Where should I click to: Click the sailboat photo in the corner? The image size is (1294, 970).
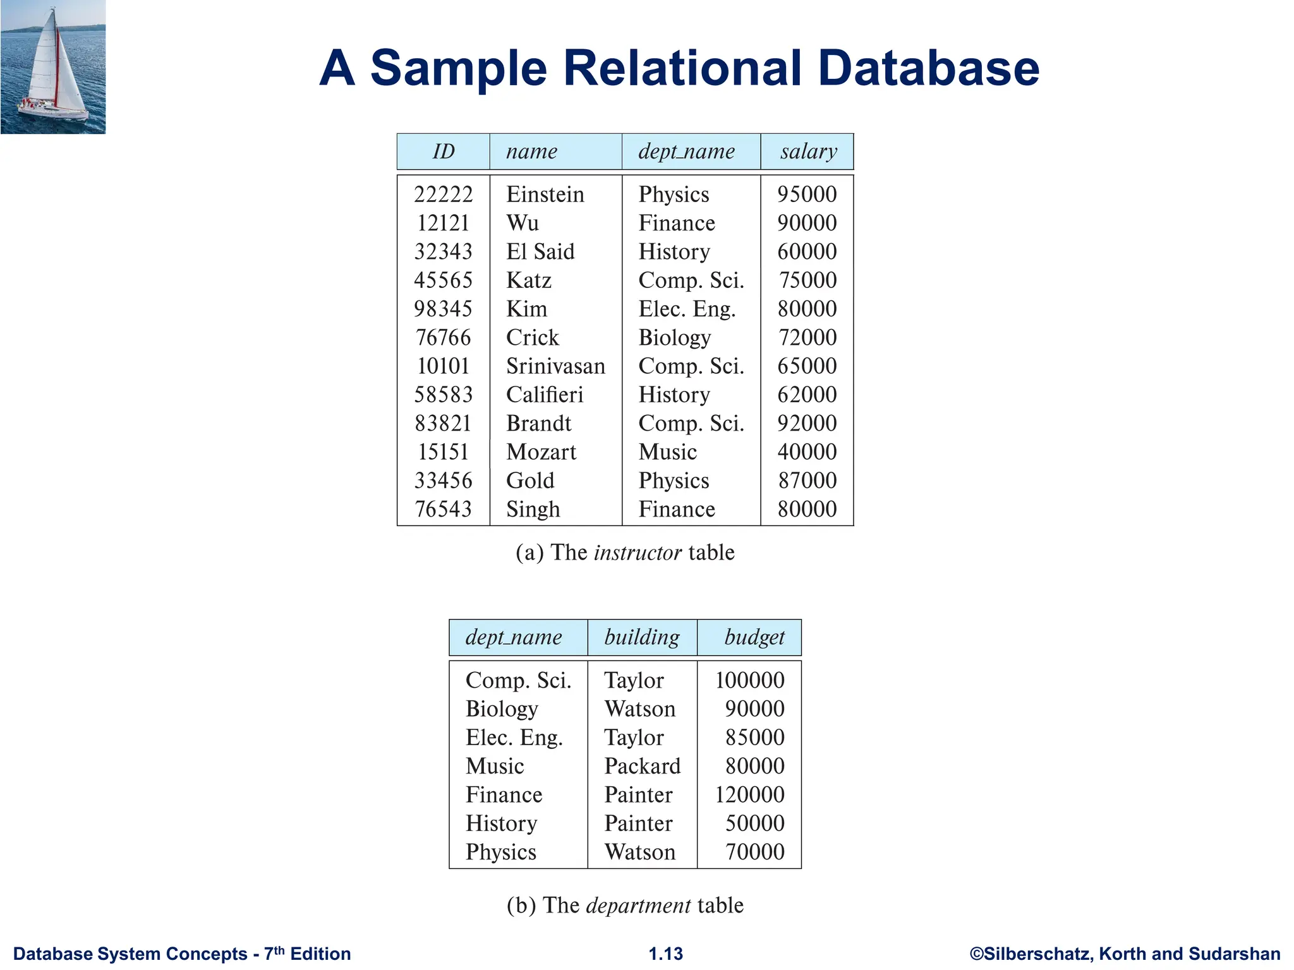pyautogui.click(x=53, y=66)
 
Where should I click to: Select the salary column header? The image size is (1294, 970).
pyautogui.click(x=808, y=152)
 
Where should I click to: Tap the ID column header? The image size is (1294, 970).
pyautogui.click(x=444, y=152)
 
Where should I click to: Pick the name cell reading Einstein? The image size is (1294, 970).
pyautogui.click(x=545, y=195)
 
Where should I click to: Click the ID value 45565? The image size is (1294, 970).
pyautogui.click(x=444, y=280)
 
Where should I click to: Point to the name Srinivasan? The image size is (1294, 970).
pyautogui.click(x=555, y=366)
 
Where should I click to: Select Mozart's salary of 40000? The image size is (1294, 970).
pyautogui.click(x=807, y=452)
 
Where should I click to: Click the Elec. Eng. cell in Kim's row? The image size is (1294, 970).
pyautogui.click(x=687, y=309)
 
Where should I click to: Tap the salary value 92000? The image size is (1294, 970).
pyautogui.click(x=807, y=423)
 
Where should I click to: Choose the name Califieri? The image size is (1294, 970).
pyautogui.click(x=545, y=395)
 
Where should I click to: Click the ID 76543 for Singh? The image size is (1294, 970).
pyautogui.click(x=444, y=509)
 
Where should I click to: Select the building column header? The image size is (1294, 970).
pyautogui.click(x=642, y=637)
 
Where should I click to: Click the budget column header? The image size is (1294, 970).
pyautogui.click(x=754, y=637)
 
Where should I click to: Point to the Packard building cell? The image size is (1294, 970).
pyautogui.click(x=642, y=766)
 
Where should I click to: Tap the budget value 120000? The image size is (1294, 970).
pyautogui.click(x=749, y=794)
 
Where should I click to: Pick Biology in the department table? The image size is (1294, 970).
pyautogui.click(x=502, y=709)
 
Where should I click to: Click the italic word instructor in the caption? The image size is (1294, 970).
pyautogui.click(x=638, y=553)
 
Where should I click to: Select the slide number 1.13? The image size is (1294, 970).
pyautogui.click(x=666, y=954)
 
